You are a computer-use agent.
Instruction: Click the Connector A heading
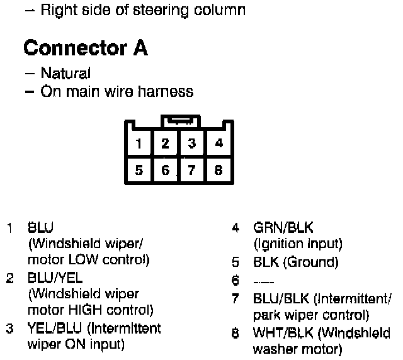(x=86, y=48)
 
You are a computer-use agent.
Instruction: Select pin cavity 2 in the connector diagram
(x=165, y=143)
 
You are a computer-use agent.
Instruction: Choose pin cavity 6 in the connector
(x=165, y=169)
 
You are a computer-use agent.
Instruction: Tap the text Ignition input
(x=298, y=244)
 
